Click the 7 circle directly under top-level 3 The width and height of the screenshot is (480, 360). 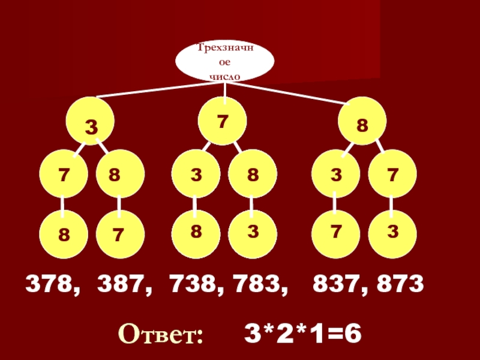[x=63, y=175]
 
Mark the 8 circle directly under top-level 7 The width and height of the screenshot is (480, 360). [x=253, y=175]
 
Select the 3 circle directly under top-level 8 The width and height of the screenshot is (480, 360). [x=335, y=175]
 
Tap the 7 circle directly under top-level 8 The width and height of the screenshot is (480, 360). [x=392, y=175]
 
